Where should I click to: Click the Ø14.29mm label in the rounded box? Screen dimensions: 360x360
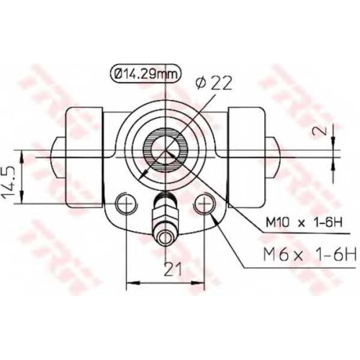pyautogui.click(x=145, y=74)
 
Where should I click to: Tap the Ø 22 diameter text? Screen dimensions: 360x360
pyautogui.click(x=214, y=84)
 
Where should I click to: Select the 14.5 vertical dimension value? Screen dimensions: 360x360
pyautogui.click(x=9, y=183)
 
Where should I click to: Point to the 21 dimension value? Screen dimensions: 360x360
pyautogui.click(x=172, y=269)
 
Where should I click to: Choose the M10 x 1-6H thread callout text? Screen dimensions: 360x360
pyautogui.click(x=304, y=223)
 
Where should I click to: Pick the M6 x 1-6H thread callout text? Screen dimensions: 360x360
pyautogui.click(x=310, y=254)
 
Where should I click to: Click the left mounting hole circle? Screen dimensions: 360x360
pyautogui.click(x=126, y=204)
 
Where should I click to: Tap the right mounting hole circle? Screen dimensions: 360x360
pyautogui.click(x=204, y=204)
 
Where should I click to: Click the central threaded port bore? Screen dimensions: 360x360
pyautogui.click(x=166, y=150)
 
